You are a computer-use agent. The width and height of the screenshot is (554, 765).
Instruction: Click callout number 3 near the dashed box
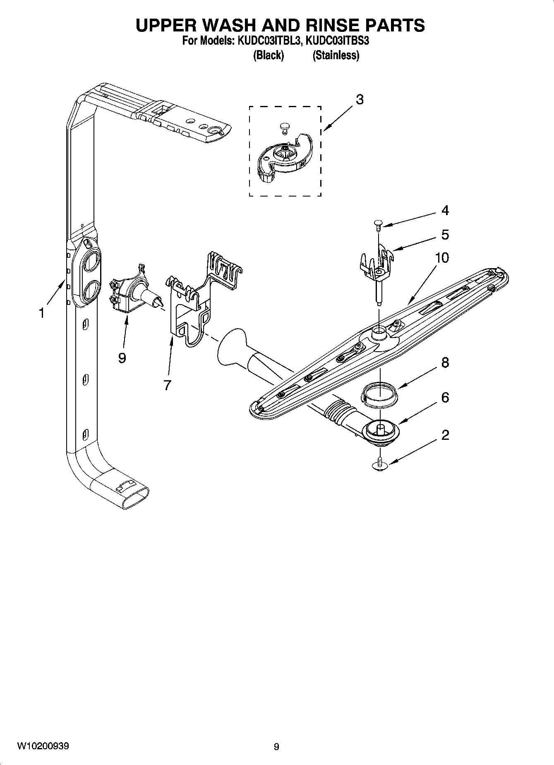(x=360, y=100)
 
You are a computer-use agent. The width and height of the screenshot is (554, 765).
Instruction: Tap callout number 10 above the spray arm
(x=442, y=258)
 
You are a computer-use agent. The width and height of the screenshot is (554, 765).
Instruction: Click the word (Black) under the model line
(x=268, y=55)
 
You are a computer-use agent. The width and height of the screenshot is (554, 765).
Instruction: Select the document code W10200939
(x=43, y=746)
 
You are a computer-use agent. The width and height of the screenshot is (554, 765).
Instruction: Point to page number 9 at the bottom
(x=276, y=746)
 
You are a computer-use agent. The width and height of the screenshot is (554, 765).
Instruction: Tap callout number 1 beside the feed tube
(x=41, y=313)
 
